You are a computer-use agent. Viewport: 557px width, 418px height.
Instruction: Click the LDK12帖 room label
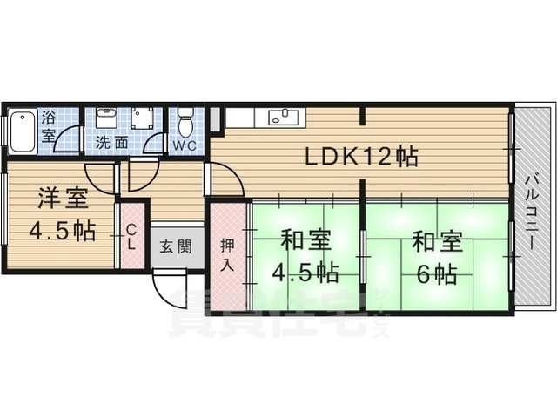(360, 157)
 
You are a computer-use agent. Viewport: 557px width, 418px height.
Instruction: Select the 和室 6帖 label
(435, 258)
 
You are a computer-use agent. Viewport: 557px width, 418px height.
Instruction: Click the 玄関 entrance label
(170, 246)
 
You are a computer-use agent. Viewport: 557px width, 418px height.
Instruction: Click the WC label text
(184, 145)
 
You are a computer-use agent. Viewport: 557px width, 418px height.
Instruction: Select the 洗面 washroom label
(111, 142)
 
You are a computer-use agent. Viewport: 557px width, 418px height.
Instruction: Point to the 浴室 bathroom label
(49, 127)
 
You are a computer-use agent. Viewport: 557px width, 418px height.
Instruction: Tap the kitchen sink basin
(282, 117)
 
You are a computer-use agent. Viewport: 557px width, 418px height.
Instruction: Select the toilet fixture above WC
(185, 119)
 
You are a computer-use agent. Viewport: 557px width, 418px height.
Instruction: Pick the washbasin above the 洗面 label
(106, 118)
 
